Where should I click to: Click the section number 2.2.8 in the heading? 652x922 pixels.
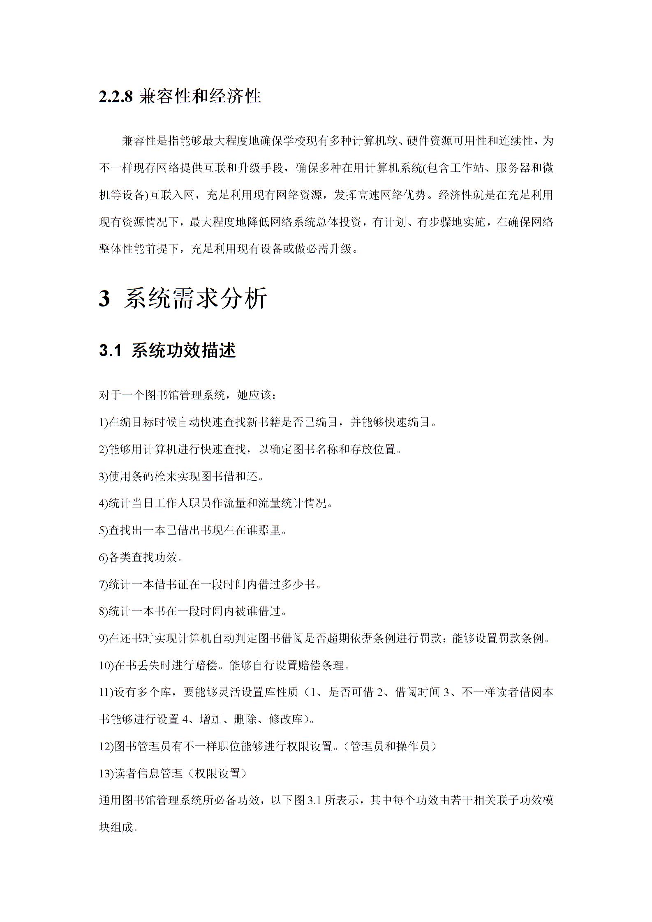tap(116, 97)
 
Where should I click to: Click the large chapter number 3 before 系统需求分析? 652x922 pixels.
tap(104, 298)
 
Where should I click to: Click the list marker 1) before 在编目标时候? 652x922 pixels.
tap(103, 422)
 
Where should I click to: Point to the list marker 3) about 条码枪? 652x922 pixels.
tap(103, 476)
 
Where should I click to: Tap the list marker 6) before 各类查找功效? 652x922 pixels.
tap(103, 558)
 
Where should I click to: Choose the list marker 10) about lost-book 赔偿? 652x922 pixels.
tap(106, 666)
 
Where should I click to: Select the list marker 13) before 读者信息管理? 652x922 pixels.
tap(106, 774)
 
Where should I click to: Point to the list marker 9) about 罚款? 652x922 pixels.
tap(103, 638)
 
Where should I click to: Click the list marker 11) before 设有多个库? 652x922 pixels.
tap(106, 693)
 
